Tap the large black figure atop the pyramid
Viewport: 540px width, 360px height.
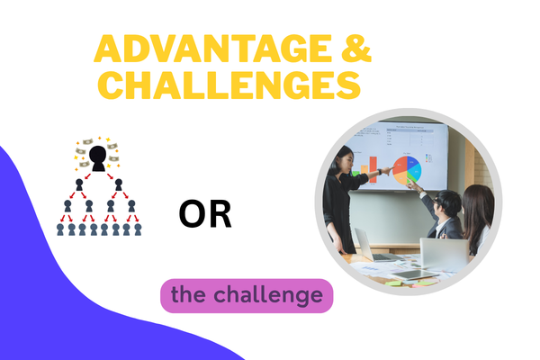point(99,158)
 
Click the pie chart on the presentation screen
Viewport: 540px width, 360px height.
point(407,168)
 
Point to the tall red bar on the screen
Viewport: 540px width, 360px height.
point(373,169)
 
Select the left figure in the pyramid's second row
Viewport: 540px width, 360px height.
point(79,187)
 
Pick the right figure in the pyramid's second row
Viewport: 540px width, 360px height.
point(118,187)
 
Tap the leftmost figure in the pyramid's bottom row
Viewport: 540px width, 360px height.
point(60,229)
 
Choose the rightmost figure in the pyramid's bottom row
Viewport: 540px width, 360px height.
point(137,229)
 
